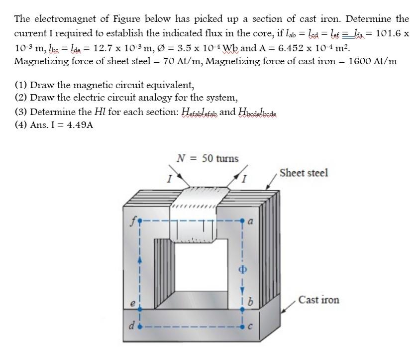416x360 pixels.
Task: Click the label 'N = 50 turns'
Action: point(208,158)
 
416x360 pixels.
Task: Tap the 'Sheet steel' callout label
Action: point(304,173)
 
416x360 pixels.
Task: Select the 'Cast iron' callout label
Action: point(319,300)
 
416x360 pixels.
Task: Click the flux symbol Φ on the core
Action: point(243,265)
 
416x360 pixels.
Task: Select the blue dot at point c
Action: point(243,327)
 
